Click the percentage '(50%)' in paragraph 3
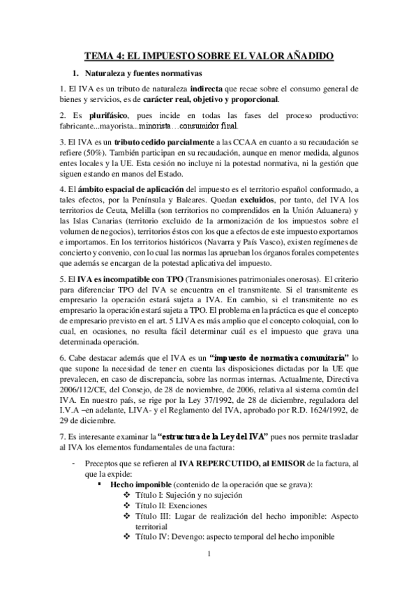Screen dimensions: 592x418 [x=91, y=154]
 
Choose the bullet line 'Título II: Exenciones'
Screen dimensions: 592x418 [x=171, y=505]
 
